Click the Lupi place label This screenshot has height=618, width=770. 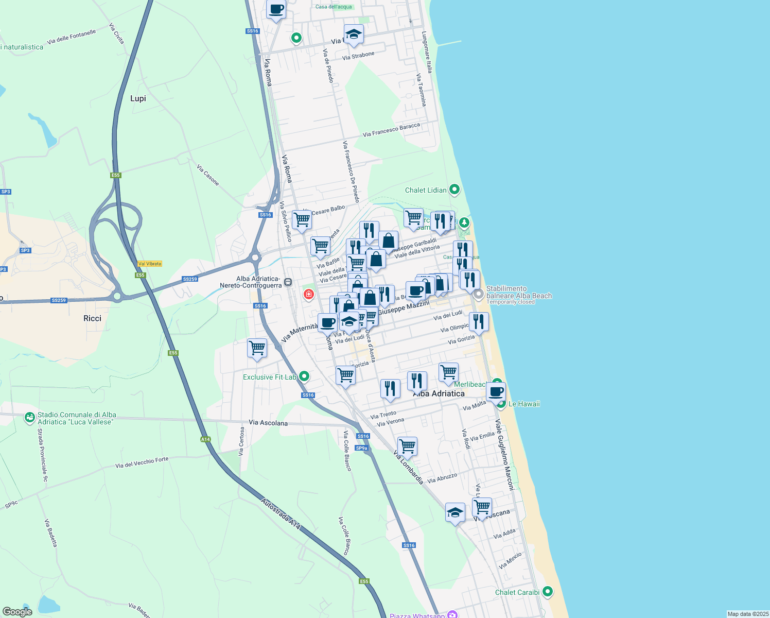point(138,98)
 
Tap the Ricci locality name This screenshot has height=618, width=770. point(92,318)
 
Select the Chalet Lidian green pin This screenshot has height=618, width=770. point(454,190)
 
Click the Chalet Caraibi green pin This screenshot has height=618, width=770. point(547,591)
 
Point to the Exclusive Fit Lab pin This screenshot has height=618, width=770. point(304,376)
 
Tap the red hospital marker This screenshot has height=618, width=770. point(308,294)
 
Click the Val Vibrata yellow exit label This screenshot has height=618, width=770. point(150,264)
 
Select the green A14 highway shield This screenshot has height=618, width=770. point(205,439)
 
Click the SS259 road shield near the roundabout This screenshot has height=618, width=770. point(190,279)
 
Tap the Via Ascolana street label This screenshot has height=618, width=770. point(268,423)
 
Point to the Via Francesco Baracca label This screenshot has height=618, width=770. point(391,130)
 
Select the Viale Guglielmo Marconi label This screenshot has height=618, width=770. point(504,454)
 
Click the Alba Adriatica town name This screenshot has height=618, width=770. point(439,393)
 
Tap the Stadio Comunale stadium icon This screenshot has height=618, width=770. point(30,418)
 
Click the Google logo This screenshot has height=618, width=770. point(17,612)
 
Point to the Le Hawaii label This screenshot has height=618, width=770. point(524,404)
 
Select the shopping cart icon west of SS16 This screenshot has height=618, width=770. point(257,348)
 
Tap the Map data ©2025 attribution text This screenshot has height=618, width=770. point(747,614)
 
